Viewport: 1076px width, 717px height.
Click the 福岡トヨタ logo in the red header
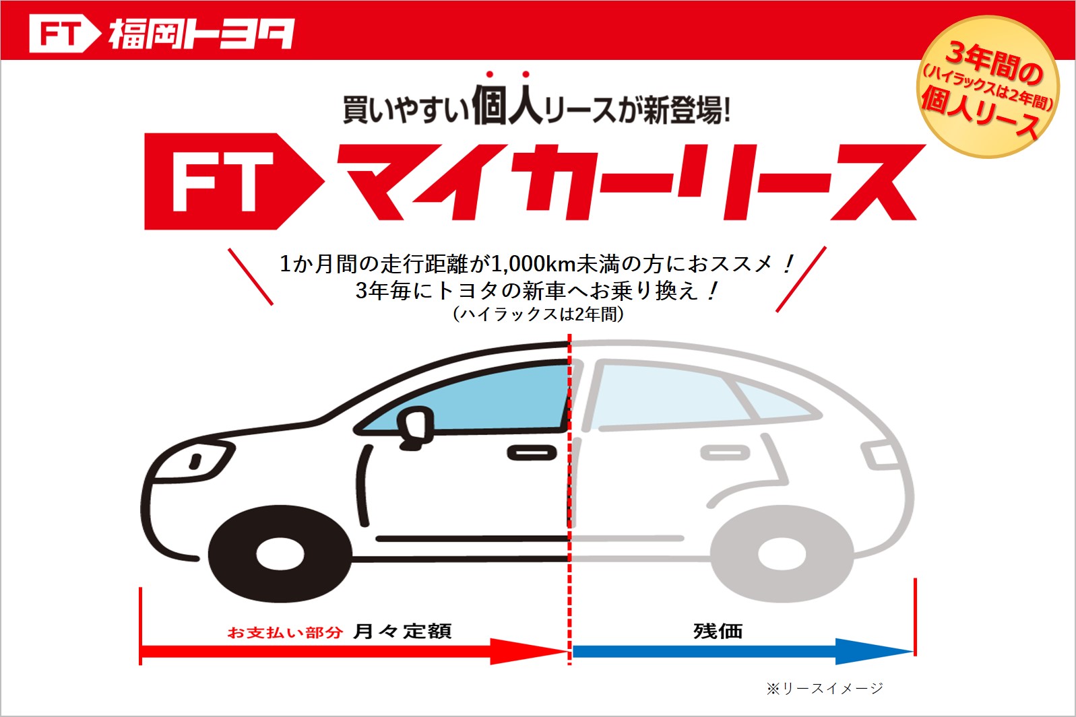pyautogui.click(x=162, y=33)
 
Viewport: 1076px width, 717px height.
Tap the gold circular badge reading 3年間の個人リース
pyautogui.click(x=988, y=87)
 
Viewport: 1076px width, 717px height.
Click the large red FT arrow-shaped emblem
pyautogui.click(x=233, y=181)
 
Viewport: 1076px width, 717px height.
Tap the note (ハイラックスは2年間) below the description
pyautogui.click(x=538, y=314)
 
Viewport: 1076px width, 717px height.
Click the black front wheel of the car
pyautogui.click(x=280, y=554)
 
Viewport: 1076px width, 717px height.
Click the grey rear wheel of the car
pyautogui.click(x=782, y=554)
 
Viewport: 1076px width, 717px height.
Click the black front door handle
pyautogui.click(x=532, y=452)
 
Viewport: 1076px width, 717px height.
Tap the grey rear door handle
pyautogui.click(x=725, y=452)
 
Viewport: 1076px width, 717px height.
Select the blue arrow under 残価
pyautogui.click(x=742, y=651)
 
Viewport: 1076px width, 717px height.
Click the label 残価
pyautogui.click(x=718, y=631)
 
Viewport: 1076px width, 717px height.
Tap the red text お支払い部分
pyautogui.click(x=285, y=633)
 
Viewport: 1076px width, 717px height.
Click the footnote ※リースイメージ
pyautogui.click(x=825, y=689)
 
